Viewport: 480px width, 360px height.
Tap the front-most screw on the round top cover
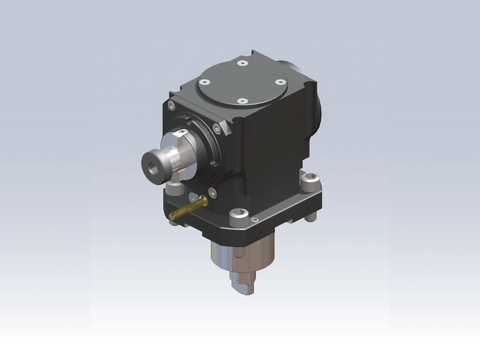(242, 101)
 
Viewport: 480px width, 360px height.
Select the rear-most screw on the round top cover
(241, 63)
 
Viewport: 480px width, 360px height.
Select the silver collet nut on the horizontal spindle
(166, 161)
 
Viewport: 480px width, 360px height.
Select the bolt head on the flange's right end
(310, 186)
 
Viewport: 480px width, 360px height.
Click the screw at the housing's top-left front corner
(172, 105)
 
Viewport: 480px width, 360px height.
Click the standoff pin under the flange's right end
(310, 214)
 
